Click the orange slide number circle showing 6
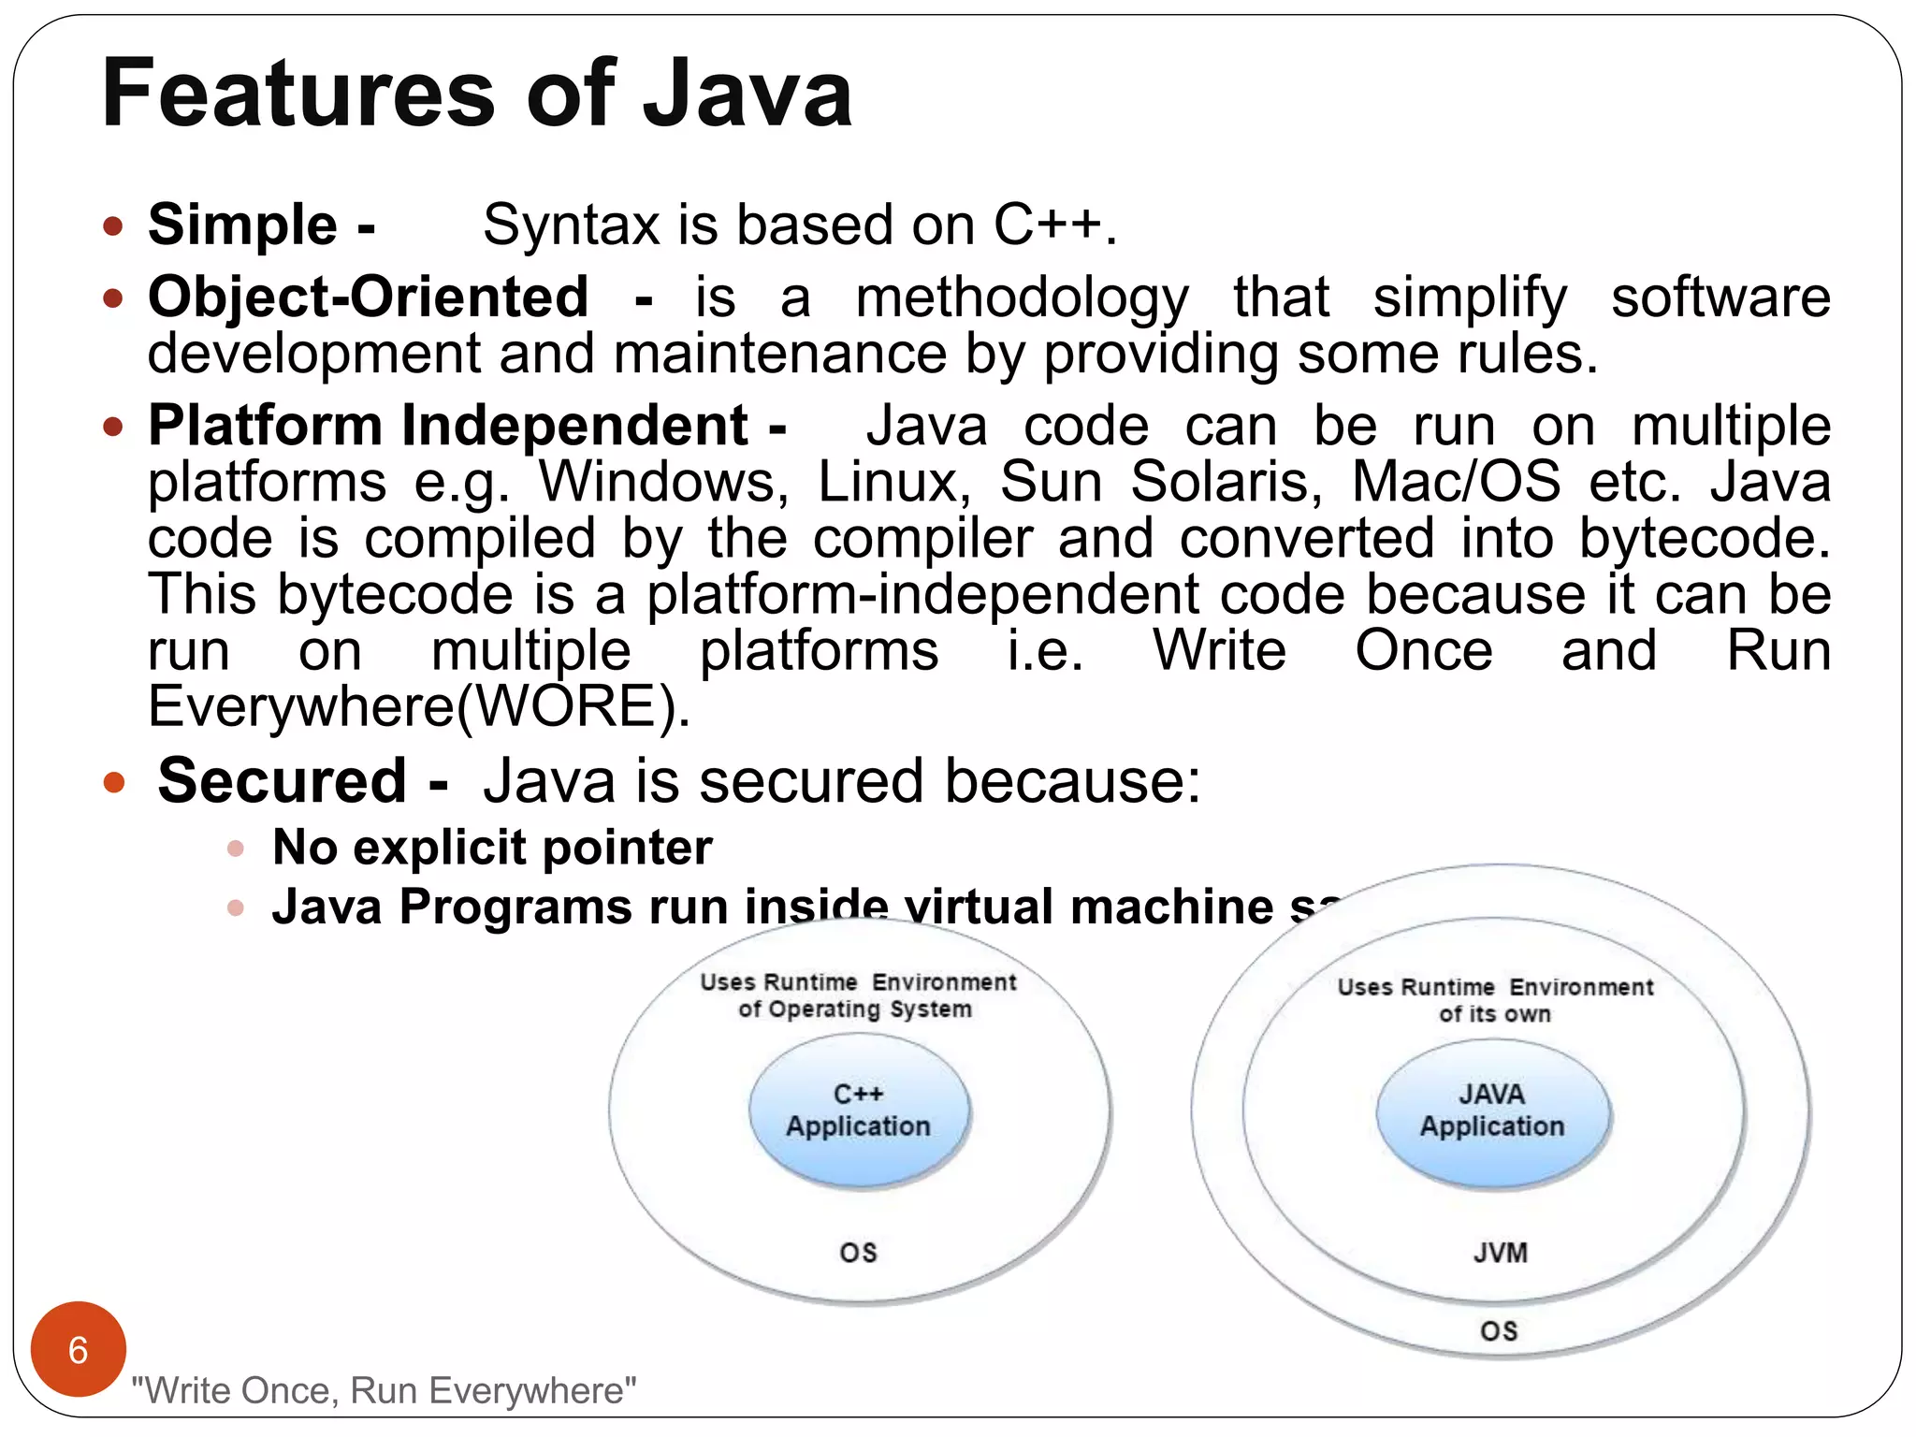[x=79, y=1349]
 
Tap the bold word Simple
[x=242, y=225]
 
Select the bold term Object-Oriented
[x=369, y=298]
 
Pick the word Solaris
[x=1227, y=483]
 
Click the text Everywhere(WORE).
[x=418, y=706]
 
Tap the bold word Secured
[x=282, y=780]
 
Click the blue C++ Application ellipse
[x=859, y=1110]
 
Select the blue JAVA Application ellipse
[x=1492, y=1111]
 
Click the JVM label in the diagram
[x=1500, y=1253]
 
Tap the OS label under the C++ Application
[x=858, y=1253]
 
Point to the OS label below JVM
[x=1499, y=1331]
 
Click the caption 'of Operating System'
[x=855, y=1009]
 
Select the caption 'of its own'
[x=1494, y=1014]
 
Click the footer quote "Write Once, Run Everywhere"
[x=384, y=1391]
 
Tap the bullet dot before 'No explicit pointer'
[x=236, y=849]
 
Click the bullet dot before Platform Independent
[x=113, y=428]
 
